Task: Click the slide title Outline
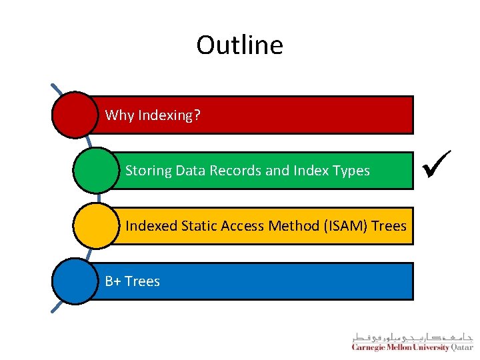click(239, 45)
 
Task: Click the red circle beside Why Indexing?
click(75, 115)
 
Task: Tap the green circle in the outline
click(96, 170)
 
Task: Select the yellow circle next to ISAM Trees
click(96, 225)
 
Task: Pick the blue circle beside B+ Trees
click(75, 281)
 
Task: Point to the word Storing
click(149, 171)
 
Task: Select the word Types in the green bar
click(352, 171)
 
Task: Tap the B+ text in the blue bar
click(113, 281)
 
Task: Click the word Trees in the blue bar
click(142, 281)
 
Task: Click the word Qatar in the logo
click(462, 347)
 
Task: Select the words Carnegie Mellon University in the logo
click(401, 347)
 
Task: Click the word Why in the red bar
click(119, 115)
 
